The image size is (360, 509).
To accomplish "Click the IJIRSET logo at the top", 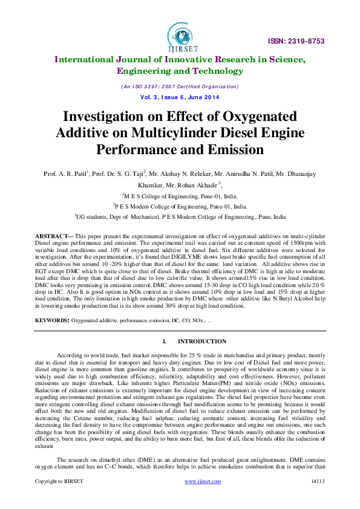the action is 180,35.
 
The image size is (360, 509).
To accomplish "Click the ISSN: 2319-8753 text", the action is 296,41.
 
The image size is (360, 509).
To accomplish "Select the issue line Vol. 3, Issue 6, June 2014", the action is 180,97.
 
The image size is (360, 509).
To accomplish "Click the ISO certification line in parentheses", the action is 180,86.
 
